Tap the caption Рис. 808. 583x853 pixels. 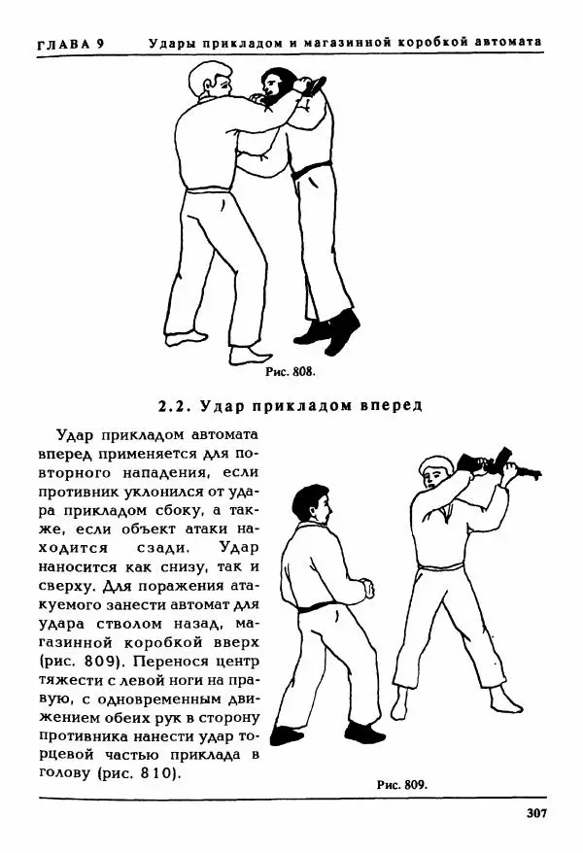[x=291, y=371]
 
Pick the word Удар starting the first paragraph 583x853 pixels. [x=77, y=435]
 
